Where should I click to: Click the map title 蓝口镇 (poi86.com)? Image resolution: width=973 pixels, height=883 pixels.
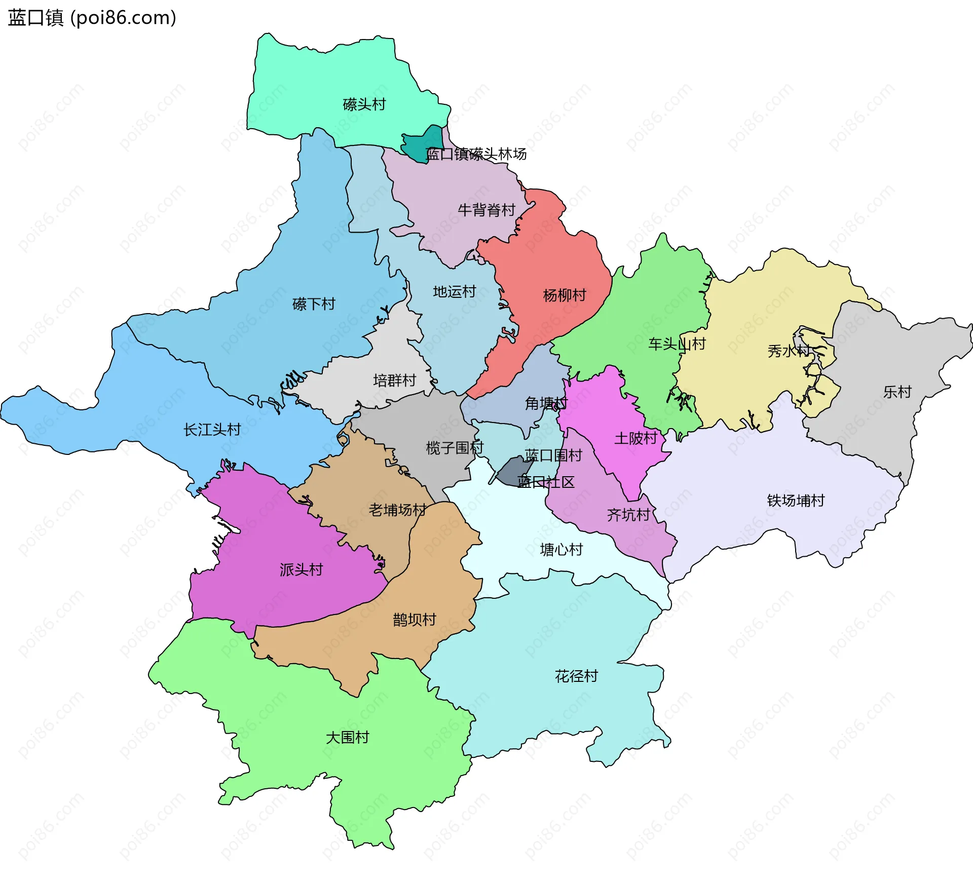92,18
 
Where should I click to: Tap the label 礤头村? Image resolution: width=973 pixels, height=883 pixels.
364,104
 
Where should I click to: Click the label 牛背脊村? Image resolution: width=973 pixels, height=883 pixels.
486,210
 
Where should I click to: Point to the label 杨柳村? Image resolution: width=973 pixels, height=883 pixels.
565,295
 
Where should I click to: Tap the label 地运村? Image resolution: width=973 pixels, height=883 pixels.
455,291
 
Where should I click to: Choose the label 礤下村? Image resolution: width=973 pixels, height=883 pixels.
314,304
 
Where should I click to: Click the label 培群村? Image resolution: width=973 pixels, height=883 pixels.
394,380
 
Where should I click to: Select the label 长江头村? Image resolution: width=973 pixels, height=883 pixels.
212,430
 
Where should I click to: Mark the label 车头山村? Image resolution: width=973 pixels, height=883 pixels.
677,344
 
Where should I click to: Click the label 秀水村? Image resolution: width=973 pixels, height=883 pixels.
789,351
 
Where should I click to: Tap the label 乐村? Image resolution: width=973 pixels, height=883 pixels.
897,392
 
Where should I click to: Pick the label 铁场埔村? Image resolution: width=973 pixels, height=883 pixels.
796,501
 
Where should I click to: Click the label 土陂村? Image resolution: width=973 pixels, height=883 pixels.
635,438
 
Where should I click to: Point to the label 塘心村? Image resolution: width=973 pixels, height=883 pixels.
562,549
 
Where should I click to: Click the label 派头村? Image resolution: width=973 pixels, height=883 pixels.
301,569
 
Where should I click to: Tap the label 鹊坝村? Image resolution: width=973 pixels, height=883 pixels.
415,620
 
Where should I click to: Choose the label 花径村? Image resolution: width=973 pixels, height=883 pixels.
576,676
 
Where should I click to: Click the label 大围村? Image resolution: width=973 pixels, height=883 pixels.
347,737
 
